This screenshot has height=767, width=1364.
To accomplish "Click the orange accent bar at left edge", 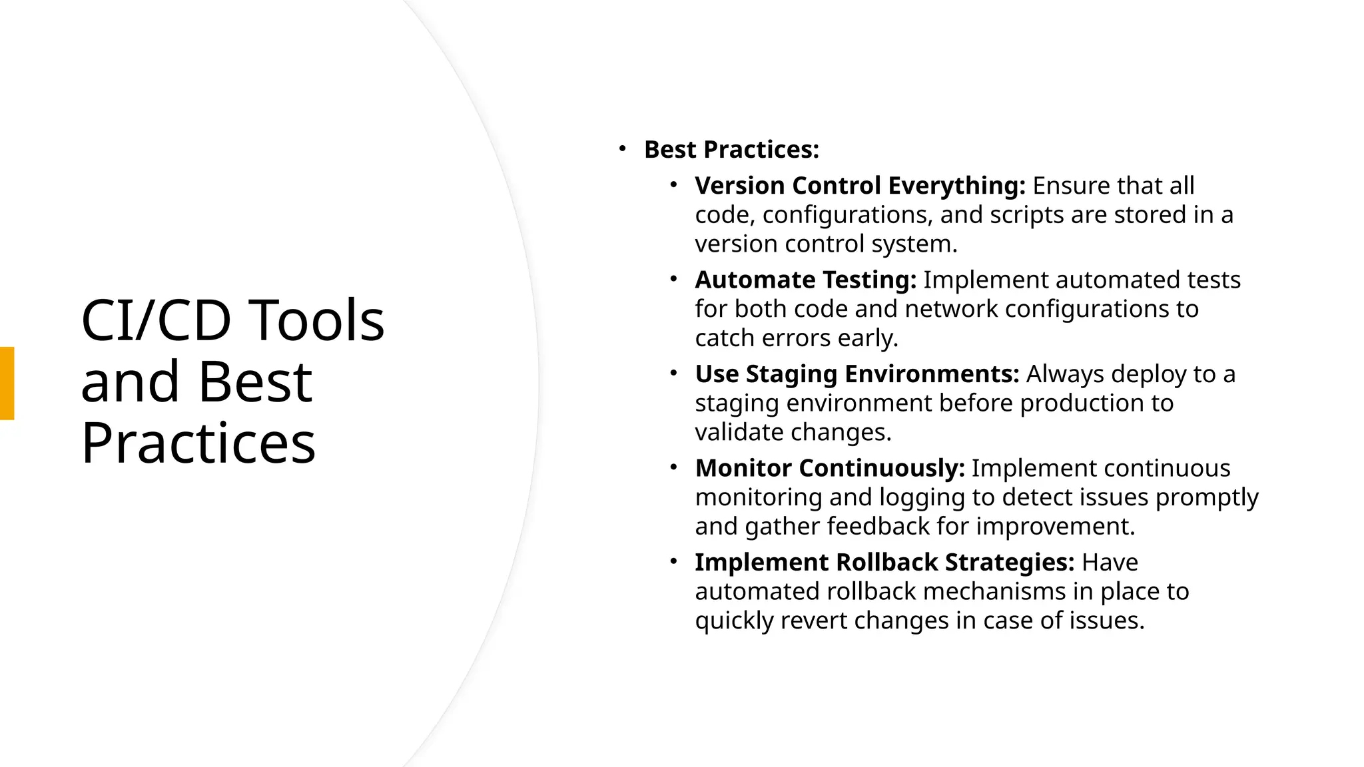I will coord(7,383).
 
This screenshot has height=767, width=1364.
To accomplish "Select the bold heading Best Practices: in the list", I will coord(731,150).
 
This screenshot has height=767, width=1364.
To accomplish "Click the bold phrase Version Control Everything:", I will coord(860,186).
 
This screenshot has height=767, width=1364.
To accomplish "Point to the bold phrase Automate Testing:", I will coord(805,280).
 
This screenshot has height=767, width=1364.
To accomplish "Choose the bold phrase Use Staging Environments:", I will coord(856,374).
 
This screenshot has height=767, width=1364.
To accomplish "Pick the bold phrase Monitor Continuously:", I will coord(829,468).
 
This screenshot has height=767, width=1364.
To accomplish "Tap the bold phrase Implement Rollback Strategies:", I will coord(884,563).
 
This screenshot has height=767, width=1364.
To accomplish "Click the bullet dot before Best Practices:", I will coord(622,148).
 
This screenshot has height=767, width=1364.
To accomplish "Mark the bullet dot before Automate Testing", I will coord(673,278).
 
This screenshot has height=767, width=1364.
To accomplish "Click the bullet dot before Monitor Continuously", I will coord(673,467).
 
